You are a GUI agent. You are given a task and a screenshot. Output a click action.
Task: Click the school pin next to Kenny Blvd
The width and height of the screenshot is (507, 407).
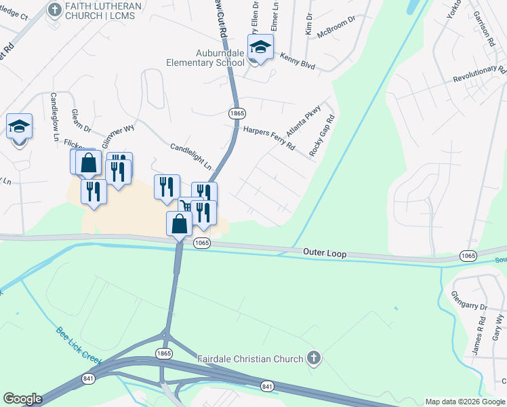(x=260, y=48)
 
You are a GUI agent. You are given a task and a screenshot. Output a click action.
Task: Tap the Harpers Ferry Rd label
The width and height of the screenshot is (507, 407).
(x=269, y=136)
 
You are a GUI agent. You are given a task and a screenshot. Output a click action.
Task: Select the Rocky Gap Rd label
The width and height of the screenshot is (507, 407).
(x=323, y=136)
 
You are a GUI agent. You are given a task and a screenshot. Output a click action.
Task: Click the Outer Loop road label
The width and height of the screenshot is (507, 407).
(x=325, y=254)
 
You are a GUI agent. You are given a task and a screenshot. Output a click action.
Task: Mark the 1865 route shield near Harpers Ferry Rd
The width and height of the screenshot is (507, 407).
(x=237, y=113)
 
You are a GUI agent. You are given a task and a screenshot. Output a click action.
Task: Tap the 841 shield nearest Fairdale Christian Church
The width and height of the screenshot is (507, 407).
(x=268, y=386)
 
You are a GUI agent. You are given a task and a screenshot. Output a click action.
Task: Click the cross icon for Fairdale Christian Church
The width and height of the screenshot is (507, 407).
(x=312, y=357)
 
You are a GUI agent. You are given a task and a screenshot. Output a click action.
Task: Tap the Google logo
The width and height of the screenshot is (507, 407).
(x=23, y=398)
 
